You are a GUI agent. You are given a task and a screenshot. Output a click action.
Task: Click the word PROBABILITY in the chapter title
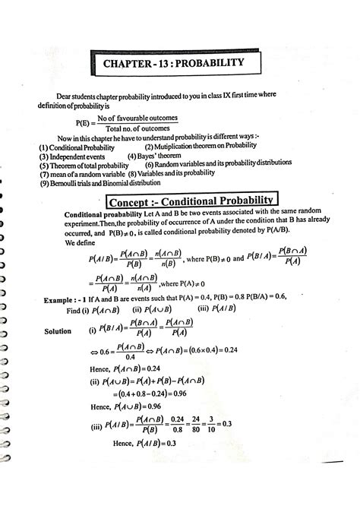[x=204, y=62]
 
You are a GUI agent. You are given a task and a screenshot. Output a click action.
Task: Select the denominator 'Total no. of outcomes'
[x=137, y=131]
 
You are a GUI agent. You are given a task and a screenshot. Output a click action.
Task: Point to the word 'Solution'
[x=58, y=332]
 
